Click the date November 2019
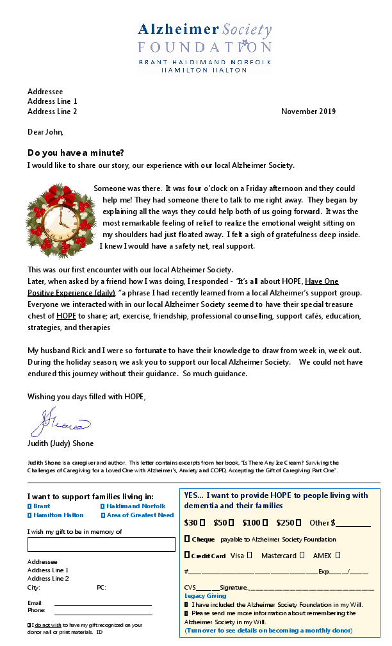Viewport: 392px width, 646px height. (x=308, y=112)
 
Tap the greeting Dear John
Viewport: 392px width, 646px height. (x=45, y=132)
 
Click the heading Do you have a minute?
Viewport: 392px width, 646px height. (x=76, y=153)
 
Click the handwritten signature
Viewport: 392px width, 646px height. (x=61, y=423)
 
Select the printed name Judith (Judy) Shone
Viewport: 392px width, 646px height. (x=60, y=443)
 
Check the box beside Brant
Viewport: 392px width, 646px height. (x=29, y=506)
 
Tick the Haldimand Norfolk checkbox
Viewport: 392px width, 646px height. (x=102, y=506)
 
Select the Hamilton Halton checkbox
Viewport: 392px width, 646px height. (x=29, y=515)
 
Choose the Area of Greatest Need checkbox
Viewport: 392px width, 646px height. (x=102, y=515)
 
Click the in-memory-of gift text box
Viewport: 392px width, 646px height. (x=101, y=544)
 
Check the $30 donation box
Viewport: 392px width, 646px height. (x=202, y=523)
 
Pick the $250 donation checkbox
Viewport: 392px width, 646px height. (x=299, y=523)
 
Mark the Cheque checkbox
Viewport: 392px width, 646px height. (x=187, y=539)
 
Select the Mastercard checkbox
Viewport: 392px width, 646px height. (x=302, y=555)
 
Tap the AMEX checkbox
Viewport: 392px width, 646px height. (x=338, y=555)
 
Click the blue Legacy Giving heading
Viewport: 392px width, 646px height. (x=205, y=596)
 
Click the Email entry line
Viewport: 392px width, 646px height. (x=102, y=604)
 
